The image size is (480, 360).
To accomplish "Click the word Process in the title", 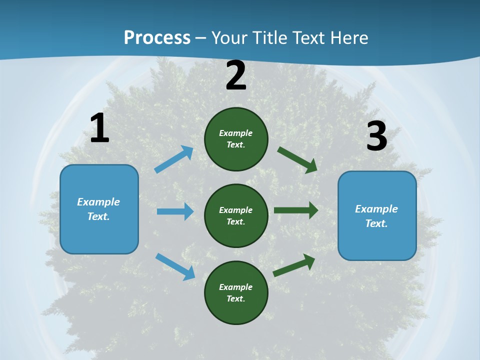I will click(157, 38).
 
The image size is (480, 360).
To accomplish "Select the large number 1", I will click(99, 128).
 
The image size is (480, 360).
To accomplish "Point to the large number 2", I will click(236, 75).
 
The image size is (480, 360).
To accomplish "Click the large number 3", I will click(376, 136).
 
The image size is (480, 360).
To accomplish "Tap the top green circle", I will click(236, 139).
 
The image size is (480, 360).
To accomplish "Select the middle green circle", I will click(236, 216).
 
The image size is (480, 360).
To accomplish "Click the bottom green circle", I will click(236, 293).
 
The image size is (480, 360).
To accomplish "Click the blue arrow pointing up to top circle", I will click(174, 159).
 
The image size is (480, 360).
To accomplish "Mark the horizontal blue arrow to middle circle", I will click(175, 211).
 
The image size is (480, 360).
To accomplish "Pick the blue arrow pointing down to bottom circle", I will click(175, 266).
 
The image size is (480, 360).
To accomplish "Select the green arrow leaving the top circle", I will click(297, 160).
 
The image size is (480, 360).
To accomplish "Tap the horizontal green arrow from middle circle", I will click(296, 210).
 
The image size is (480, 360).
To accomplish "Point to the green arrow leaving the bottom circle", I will click(294, 265).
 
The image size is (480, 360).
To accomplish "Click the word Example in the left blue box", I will click(98, 202).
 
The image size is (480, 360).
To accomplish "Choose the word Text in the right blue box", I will click(376, 223).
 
